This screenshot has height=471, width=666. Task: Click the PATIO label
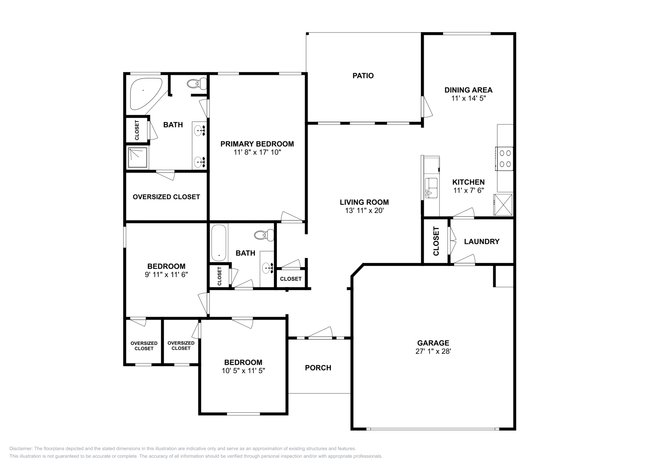363,76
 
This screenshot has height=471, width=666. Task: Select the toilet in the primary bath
197,84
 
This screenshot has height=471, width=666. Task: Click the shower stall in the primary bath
138,158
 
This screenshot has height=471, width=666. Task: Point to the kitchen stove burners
505,159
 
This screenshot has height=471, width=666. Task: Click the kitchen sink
431,188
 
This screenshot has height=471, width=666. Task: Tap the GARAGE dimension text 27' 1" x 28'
433,351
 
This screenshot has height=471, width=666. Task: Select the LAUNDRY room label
482,242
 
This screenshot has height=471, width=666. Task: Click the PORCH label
318,368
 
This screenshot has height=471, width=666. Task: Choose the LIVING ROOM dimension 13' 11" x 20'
365,211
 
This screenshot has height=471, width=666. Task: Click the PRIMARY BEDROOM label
257,144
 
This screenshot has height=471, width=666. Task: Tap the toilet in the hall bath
264,235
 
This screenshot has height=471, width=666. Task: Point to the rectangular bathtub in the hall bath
219,243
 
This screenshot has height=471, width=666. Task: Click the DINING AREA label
469,90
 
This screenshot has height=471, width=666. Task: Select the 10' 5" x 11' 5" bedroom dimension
243,371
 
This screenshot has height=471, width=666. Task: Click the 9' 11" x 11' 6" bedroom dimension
166,275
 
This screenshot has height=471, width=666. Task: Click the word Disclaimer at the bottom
21,449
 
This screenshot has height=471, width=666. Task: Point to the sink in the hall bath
267,268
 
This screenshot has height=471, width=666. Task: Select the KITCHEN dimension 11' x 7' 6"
469,191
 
